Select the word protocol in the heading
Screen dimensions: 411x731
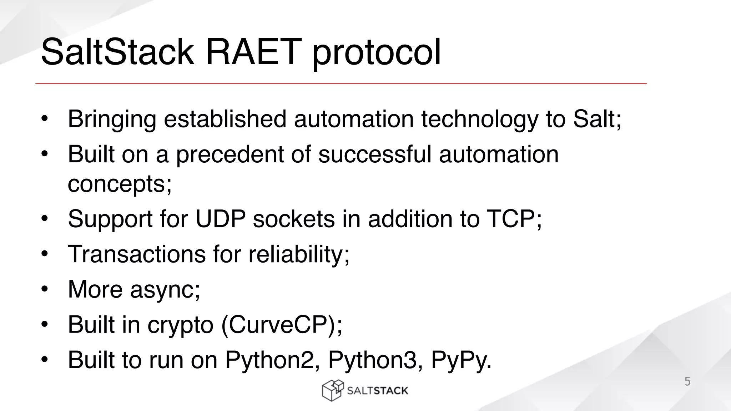377,54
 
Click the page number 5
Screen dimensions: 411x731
687,381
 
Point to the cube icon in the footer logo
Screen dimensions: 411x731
332,390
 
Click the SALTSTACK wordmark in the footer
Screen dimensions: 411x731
377,391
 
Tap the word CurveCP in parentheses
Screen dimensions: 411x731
282,324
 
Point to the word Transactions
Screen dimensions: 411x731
137,254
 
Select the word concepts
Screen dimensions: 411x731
117,184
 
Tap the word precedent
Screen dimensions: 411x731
230,154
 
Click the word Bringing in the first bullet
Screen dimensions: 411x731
112,119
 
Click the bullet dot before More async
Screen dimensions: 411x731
44,289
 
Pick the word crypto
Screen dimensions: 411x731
180,325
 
